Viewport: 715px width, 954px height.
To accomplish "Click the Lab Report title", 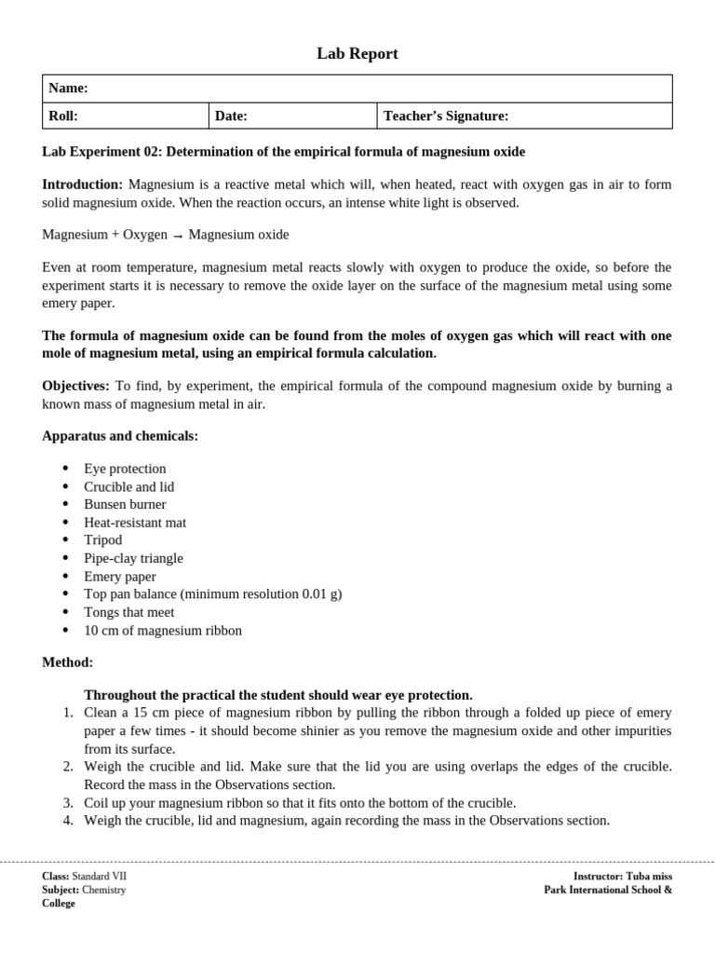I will (357, 54).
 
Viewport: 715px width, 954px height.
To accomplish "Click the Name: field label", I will (68, 89).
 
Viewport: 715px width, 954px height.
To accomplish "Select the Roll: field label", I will (63, 116).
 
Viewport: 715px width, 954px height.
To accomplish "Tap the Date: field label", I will (231, 116).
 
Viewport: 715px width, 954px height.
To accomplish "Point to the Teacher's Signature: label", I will (446, 116).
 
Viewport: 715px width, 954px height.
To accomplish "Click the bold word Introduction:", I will (82, 184).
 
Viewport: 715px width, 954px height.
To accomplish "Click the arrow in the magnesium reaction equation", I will (178, 236).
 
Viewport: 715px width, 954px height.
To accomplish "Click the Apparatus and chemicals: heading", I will (120, 436).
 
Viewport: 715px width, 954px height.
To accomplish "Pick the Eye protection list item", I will (125, 469).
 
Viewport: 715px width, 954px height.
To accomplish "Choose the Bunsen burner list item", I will (125, 504).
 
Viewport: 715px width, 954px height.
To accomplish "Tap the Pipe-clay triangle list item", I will (133, 558).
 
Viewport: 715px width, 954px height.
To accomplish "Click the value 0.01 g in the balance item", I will (319, 593).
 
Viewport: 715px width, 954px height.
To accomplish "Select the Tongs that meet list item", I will (128, 612).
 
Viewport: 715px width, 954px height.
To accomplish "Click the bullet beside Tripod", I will (64, 540).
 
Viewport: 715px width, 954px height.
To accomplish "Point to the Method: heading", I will (67, 662).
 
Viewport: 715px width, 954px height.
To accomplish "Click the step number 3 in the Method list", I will (68, 803).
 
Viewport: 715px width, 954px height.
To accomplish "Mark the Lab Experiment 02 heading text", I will (284, 151).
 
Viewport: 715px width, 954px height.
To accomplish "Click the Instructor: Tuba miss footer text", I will (622, 877).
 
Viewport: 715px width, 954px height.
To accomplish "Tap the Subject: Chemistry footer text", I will (84, 890).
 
